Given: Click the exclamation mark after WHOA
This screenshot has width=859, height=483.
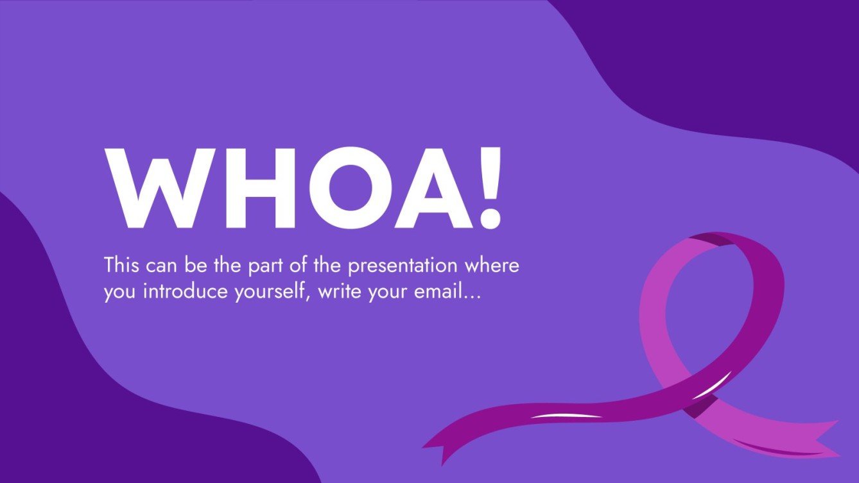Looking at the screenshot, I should click(x=489, y=188).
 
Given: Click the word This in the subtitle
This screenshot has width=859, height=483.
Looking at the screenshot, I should click(x=122, y=265).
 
